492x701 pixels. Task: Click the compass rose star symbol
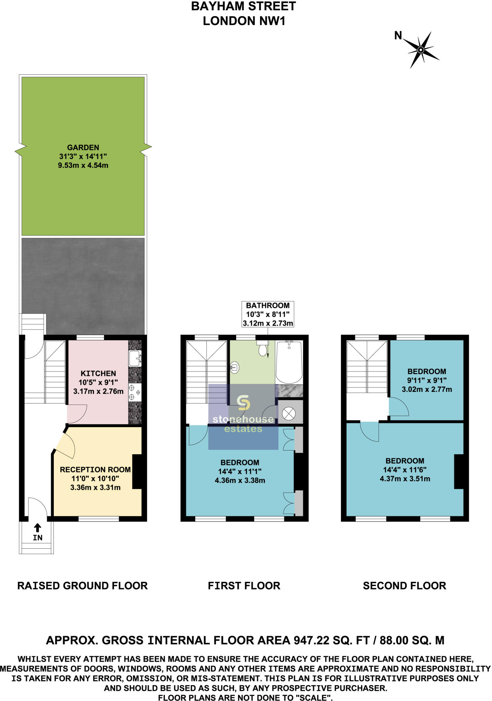(421, 50)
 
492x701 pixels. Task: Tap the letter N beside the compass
(398, 36)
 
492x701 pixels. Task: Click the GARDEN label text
(83, 148)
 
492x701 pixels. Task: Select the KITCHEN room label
(98, 373)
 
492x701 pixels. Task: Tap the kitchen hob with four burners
(134, 393)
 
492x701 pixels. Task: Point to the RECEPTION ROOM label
(95, 470)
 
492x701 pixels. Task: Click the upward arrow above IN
(38, 527)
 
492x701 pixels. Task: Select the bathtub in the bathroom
(289, 362)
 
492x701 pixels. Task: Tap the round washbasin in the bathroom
(235, 368)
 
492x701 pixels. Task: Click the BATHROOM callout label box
(268, 314)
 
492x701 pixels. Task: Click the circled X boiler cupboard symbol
(288, 414)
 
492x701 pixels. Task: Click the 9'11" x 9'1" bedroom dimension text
(427, 380)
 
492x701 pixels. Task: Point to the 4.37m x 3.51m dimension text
(405, 479)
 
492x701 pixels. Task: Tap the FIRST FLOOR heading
(244, 586)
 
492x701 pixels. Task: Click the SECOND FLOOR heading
(404, 586)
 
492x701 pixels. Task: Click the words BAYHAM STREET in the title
(244, 7)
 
